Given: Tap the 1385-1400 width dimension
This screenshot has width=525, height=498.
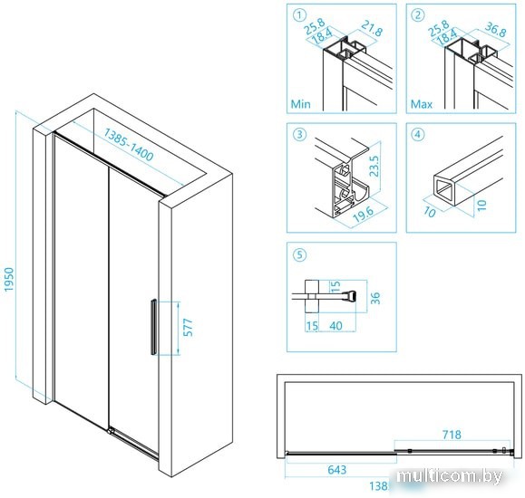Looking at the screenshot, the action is click(x=128, y=144).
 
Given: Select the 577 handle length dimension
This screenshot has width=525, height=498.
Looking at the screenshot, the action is click(x=189, y=328).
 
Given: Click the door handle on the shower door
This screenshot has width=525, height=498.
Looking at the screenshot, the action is click(x=153, y=327).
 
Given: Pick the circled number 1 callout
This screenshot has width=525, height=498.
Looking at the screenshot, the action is click(x=299, y=15).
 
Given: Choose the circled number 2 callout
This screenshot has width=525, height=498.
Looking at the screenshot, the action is click(x=418, y=15).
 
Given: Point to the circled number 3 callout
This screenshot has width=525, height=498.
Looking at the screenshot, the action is click(x=299, y=134).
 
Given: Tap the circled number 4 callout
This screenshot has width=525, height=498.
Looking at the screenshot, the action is click(x=418, y=134).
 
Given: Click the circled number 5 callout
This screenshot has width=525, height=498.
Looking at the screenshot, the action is click(x=299, y=254).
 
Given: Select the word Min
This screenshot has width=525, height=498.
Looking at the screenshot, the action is click(x=301, y=104).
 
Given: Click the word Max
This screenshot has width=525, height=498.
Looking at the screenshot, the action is click(x=422, y=104).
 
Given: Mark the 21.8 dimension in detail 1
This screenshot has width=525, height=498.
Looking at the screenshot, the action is click(x=372, y=28).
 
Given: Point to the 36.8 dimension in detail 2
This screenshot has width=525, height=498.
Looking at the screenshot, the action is click(x=495, y=29).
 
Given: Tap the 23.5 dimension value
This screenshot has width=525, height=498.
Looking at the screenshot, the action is click(x=374, y=166).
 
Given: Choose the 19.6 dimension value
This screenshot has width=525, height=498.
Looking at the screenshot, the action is click(x=365, y=214).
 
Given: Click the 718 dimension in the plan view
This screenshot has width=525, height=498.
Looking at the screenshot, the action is click(x=452, y=435).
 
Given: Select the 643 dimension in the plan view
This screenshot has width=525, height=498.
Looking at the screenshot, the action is click(x=336, y=470).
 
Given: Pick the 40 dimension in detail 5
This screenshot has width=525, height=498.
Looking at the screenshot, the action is click(x=335, y=325).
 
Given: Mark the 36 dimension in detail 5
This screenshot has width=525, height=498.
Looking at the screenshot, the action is click(x=376, y=298).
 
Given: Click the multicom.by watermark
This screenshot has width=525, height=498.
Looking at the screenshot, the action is click(x=450, y=476).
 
